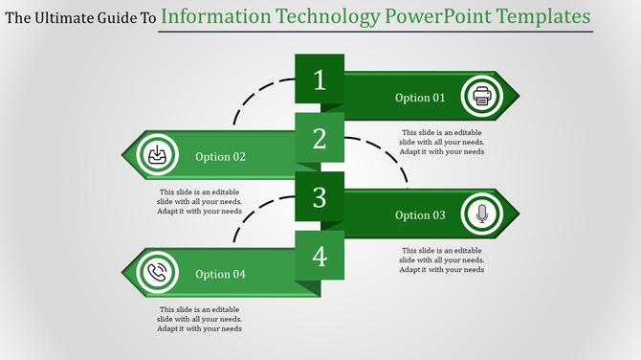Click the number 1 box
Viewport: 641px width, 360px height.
tap(320, 80)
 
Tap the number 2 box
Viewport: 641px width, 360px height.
tap(320, 140)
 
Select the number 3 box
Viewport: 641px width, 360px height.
tap(320, 198)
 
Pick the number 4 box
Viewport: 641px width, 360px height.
tap(320, 257)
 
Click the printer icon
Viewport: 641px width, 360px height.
tap(481, 97)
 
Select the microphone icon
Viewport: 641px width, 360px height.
tap(481, 214)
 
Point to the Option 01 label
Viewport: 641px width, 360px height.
tap(420, 98)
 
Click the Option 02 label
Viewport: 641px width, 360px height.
tap(221, 157)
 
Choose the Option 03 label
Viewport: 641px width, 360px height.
tap(420, 215)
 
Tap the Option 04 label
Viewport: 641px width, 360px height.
tap(221, 275)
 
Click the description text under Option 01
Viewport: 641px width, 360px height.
tap(442, 142)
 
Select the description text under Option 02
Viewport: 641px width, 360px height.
tap(200, 201)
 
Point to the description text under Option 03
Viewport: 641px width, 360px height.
tap(442, 259)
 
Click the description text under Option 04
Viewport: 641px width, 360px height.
tap(200, 319)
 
